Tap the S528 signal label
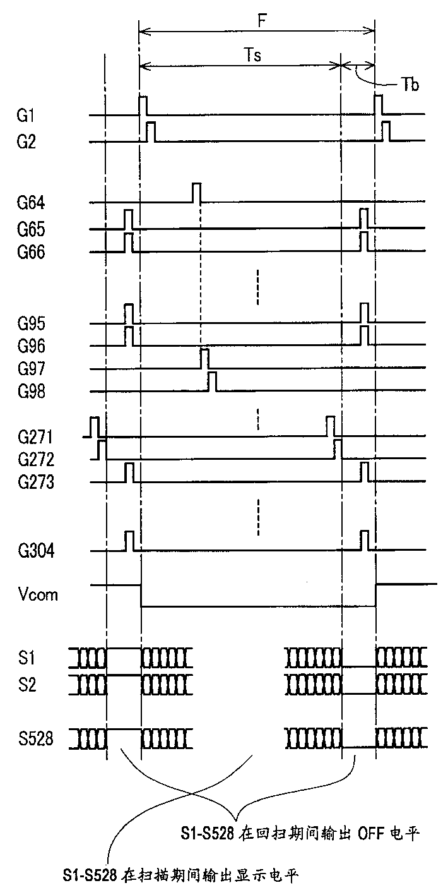[35, 738]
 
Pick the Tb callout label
[411, 85]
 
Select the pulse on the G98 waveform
[213, 382]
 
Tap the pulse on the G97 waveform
[204, 358]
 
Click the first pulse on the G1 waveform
[143, 105]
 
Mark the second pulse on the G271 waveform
[330, 426]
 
